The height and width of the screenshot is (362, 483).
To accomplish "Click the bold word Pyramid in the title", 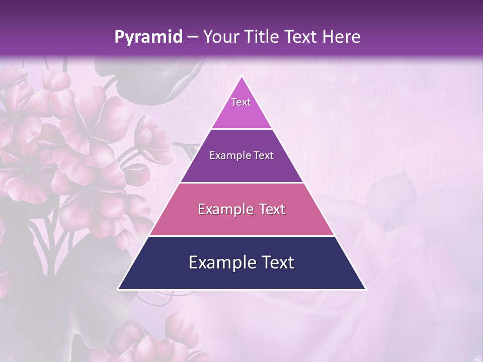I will (x=148, y=37).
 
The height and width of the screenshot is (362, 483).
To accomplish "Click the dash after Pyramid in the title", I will (x=192, y=38).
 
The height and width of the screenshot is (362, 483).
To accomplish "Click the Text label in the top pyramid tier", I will (x=241, y=102).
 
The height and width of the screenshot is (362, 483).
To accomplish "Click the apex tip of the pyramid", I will (x=242, y=76).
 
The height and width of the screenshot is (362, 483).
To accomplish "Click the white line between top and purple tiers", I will (x=242, y=129).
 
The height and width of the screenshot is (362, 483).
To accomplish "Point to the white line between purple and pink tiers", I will (x=242, y=183).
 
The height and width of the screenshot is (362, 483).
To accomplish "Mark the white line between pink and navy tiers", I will (x=242, y=236).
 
